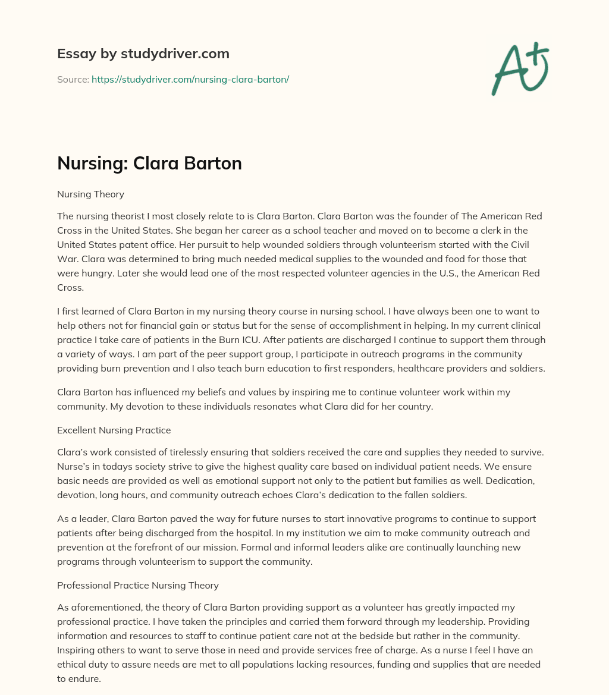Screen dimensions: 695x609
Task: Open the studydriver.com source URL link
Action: tap(190, 79)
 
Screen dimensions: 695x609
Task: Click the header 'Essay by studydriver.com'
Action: tap(143, 54)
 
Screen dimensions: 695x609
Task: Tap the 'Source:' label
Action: tap(73, 79)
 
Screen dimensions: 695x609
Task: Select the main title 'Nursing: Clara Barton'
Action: tap(149, 163)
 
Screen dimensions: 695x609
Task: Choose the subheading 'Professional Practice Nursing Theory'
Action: tap(138, 585)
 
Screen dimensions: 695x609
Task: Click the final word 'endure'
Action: tap(83, 678)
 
